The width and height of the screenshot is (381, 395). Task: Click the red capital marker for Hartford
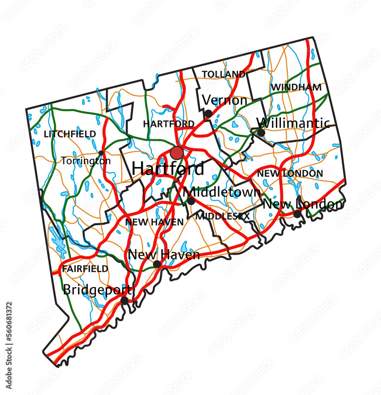(x=176, y=152)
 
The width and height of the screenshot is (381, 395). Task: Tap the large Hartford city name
(x=168, y=169)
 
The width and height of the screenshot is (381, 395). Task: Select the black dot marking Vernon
(x=208, y=114)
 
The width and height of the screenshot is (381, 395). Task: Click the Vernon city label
(x=225, y=101)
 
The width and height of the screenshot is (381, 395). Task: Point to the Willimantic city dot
(x=261, y=133)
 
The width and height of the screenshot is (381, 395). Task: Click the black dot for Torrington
(x=101, y=153)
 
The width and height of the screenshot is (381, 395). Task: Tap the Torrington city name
(x=86, y=161)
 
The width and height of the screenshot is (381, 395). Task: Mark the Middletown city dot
(x=191, y=201)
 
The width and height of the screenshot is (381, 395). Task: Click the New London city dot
(x=297, y=214)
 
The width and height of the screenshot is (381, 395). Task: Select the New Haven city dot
(x=157, y=264)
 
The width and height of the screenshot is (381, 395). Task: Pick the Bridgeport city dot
(x=124, y=301)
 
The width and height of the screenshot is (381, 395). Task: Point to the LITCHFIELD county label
(x=70, y=134)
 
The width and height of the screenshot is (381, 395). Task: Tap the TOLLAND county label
(x=223, y=74)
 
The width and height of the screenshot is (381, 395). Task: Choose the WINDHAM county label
(x=296, y=87)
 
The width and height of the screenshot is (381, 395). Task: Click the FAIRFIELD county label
(x=85, y=269)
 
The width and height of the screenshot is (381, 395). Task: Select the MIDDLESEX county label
(x=223, y=216)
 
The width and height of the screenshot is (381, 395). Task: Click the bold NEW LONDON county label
(x=290, y=173)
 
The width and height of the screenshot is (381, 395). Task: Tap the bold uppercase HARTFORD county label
(x=169, y=124)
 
